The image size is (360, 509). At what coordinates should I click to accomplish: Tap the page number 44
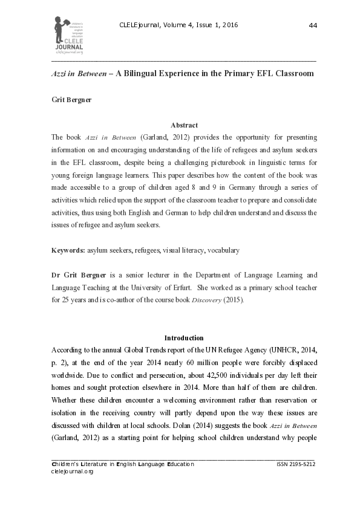pos(313,25)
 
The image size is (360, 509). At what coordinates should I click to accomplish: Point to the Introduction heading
pos(184,337)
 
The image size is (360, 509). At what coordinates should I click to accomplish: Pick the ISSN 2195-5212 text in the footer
pos(295,464)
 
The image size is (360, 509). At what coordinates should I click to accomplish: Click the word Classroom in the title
pos(292,73)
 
